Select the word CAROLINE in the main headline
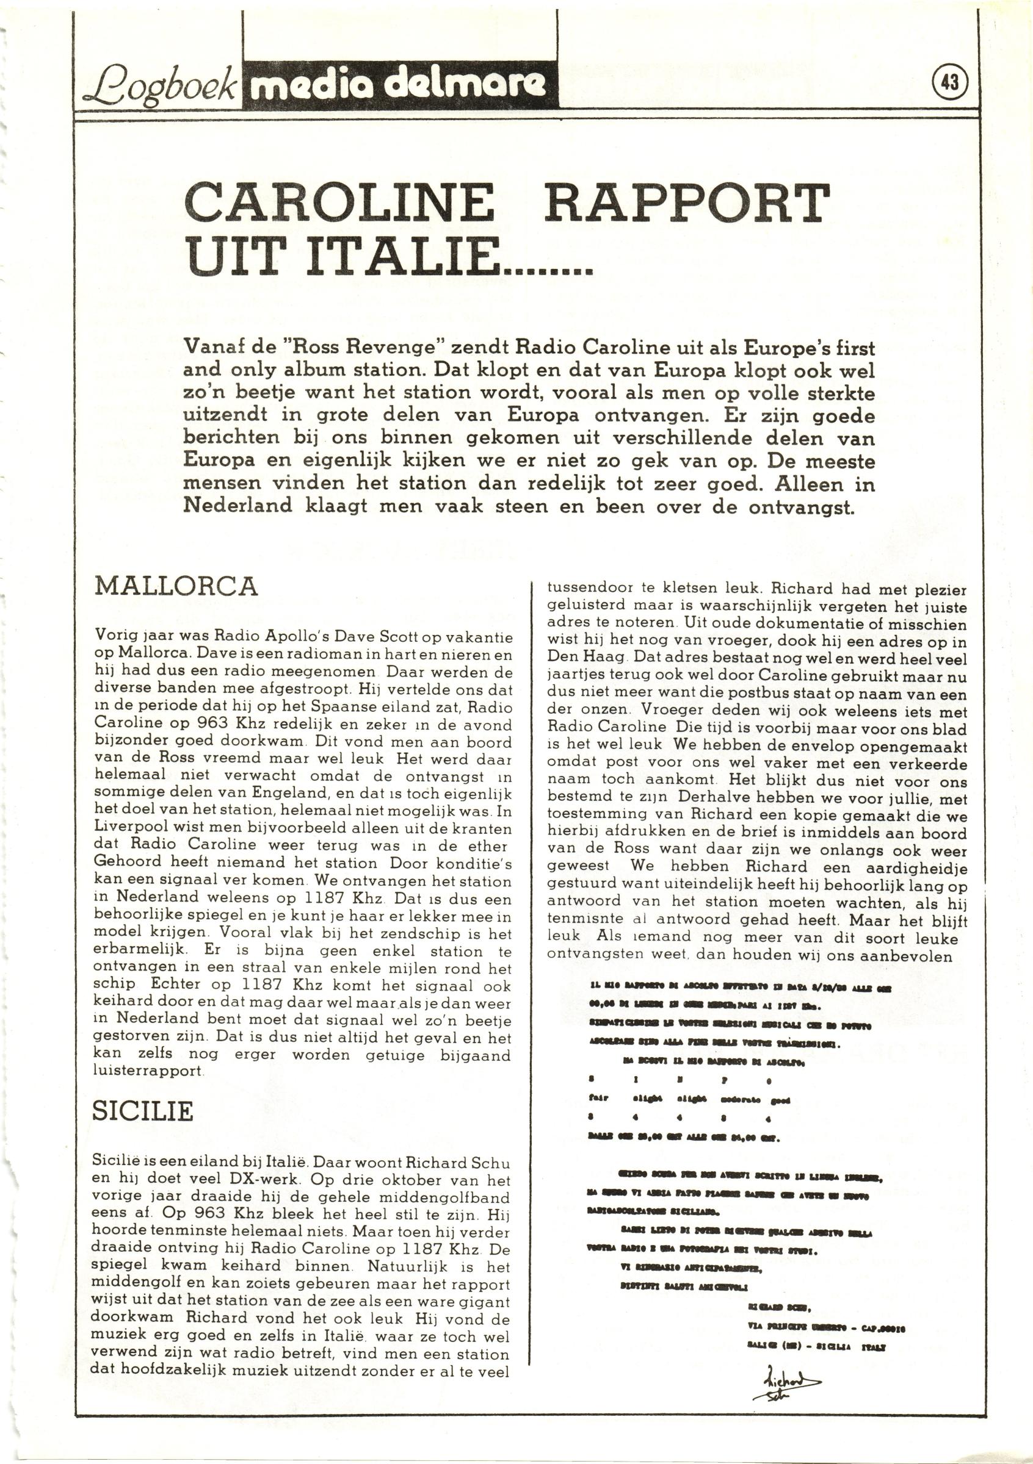click(339, 203)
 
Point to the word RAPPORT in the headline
click(689, 203)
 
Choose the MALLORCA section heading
click(175, 586)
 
